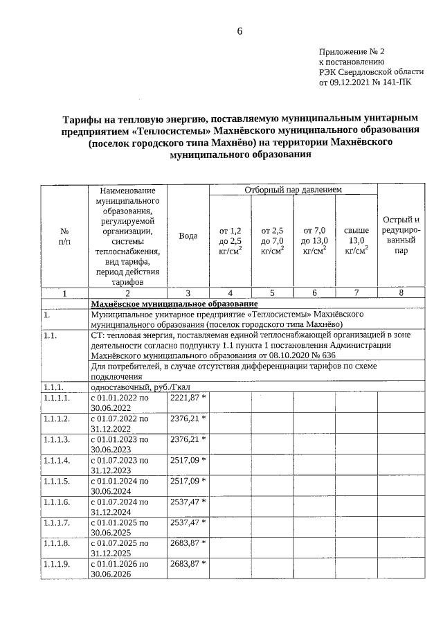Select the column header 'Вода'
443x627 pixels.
(188, 236)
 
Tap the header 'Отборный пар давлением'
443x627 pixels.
(293, 190)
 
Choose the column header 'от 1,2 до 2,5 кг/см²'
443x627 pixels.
(230, 240)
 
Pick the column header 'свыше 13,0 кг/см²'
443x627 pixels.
(356, 240)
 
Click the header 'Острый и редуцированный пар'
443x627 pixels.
(401, 236)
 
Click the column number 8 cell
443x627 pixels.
(401, 293)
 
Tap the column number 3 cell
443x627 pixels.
(188, 293)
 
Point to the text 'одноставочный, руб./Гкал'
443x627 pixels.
(130, 387)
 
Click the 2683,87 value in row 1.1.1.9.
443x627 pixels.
(184, 563)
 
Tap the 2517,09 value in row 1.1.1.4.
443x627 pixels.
(184, 459)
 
